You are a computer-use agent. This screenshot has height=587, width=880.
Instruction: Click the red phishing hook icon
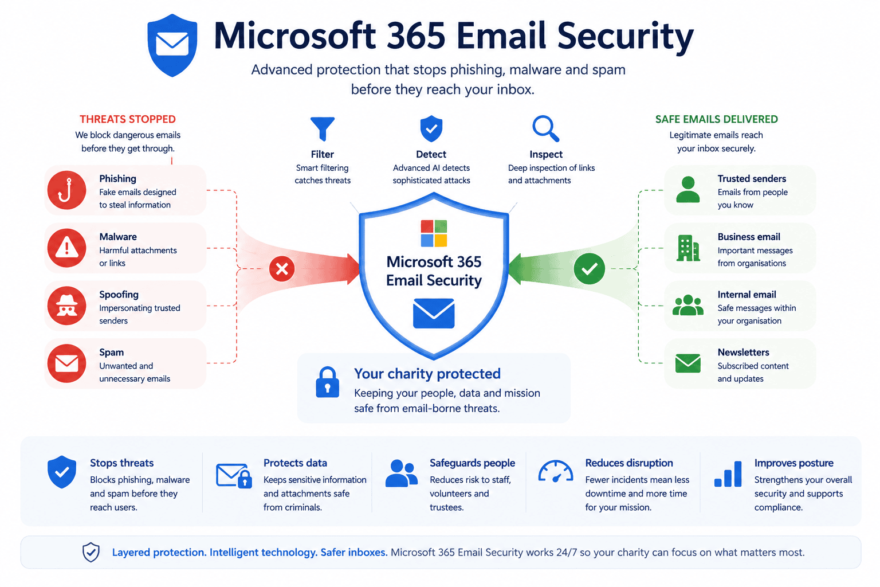pyautogui.click(x=67, y=190)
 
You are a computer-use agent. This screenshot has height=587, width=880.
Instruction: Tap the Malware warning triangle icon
pyautogui.click(x=67, y=248)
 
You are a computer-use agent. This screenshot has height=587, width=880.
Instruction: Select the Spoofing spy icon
pyautogui.click(x=67, y=306)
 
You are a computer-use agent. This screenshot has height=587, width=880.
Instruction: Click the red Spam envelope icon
pyautogui.click(x=67, y=363)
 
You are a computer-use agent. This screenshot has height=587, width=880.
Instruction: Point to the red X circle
pyautogui.click(x=282, y=269)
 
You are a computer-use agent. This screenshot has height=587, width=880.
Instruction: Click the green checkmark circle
pyautogui.click(x=590, y=268)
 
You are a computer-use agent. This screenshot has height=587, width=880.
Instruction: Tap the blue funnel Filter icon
pyautogui.click(x=323, y=128)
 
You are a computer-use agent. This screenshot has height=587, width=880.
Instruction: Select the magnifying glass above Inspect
pyautogui.click(x=545, y=128)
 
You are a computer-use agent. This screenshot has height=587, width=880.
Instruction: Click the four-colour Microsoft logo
pyautogui.click(x=434, y=233)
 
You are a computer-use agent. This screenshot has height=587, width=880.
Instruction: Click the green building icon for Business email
pyautogui.click(x=688, y=248)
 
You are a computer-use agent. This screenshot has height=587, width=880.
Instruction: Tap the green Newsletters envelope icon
pyautogui.click(x=688, y=363)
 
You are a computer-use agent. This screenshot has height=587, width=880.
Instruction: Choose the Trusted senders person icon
pyautogui.click(x=688, y=190)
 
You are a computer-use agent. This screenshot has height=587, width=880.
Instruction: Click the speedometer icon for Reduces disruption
pyautogui.click(x=556, y=471)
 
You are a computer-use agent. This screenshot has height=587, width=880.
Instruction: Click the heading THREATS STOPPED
pyautogui.click(x=128, y=119)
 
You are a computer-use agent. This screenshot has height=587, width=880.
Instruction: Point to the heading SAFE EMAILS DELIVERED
pyautogui.click(x=717, y=119)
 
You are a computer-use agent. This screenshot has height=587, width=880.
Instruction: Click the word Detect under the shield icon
pyautogui.click(x=431, y=154)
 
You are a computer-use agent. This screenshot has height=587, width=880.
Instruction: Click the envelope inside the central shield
pyautogui.click(x=434, y=314)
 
